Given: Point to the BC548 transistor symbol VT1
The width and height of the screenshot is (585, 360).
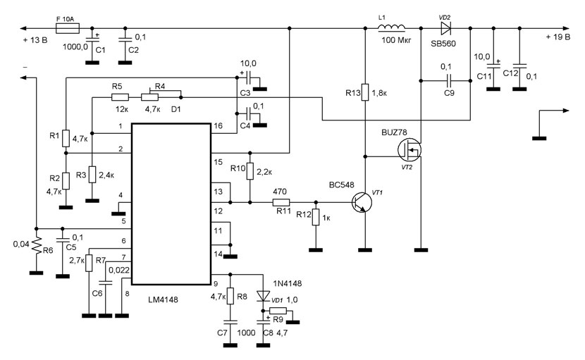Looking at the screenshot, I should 361,202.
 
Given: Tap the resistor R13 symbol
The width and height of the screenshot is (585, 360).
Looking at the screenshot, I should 365,92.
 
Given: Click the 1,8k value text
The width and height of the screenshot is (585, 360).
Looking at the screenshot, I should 384,92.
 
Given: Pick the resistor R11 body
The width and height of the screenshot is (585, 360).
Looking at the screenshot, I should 281,202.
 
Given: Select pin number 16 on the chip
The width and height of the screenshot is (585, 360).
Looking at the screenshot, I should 218,125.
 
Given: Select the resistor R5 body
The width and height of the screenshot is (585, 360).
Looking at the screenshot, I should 120,98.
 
